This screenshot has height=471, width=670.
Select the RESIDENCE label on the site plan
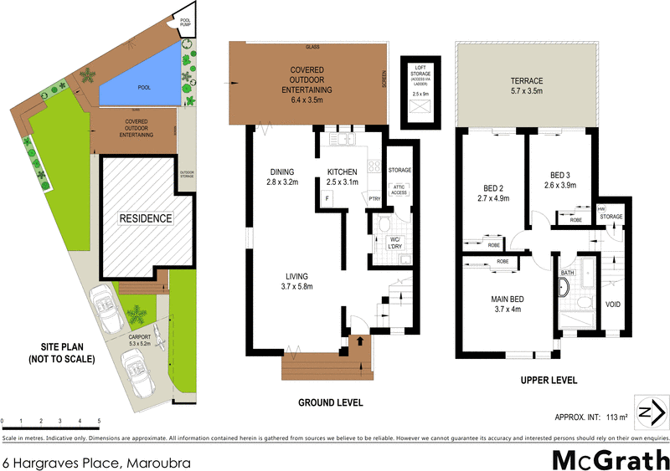(145, 218)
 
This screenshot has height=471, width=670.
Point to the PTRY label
(374, 197)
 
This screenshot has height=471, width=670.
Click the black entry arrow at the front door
(359, 340)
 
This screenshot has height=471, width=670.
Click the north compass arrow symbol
(650, 412)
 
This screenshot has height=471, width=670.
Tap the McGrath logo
(609, 458)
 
